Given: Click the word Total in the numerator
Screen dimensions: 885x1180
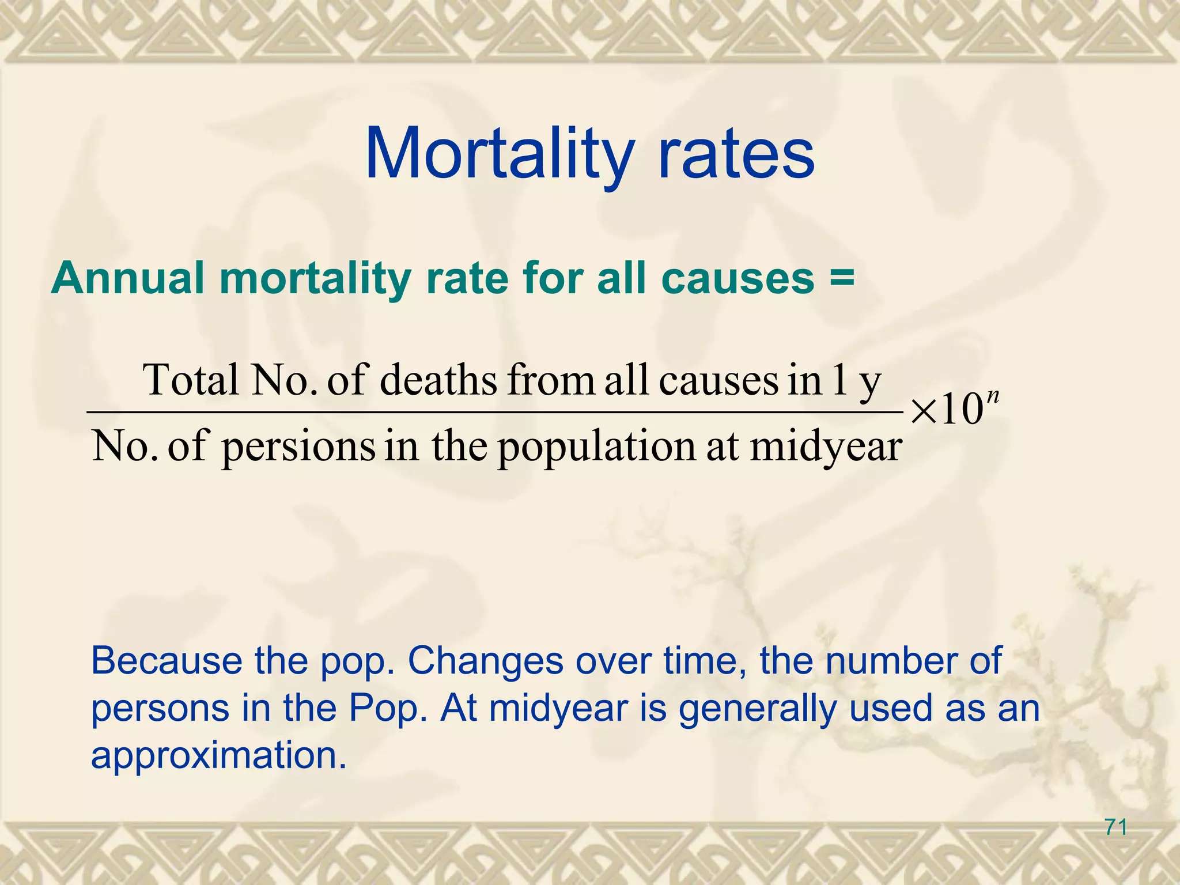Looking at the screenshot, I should (x=191, y=380).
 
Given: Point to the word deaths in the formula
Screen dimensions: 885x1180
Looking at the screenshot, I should (x=438, y=380).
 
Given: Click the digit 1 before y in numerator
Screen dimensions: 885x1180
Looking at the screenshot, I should (x=838, y=380).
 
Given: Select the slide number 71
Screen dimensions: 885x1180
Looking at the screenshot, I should (x=1116, y=828).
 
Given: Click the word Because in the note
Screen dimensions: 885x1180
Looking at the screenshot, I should (x=167, y=661).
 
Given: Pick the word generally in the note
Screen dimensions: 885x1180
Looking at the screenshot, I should (x=758, y=709).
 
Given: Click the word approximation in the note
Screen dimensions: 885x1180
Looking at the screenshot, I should (x=219, y=756).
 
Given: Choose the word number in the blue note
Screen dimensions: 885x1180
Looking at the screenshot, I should (x=890, y=661).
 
